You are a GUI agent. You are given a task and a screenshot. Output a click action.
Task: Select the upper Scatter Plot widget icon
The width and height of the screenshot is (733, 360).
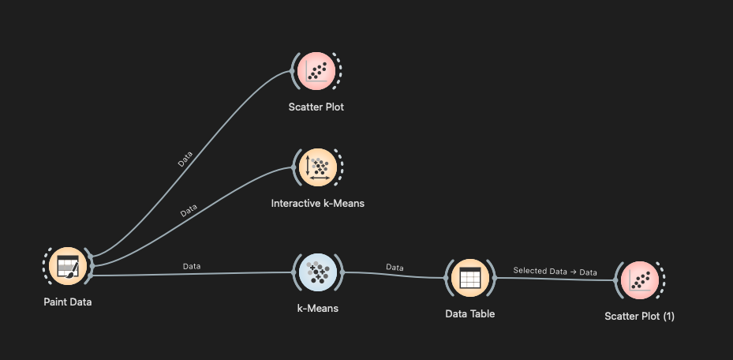point(316,72)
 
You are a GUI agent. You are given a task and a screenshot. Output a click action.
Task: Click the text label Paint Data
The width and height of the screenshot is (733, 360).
point(68,301)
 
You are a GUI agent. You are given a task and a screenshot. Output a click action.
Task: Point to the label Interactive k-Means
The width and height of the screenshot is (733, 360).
point(317,203)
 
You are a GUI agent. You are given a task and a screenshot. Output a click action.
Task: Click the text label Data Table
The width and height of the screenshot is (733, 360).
point(469,313)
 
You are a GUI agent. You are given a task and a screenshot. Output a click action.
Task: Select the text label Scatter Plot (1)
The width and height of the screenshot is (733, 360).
point(639,317)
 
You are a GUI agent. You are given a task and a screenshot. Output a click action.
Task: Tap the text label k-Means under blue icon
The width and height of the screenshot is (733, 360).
point(317,308)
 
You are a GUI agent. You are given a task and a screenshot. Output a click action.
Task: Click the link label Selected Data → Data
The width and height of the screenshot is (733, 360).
point(555,272)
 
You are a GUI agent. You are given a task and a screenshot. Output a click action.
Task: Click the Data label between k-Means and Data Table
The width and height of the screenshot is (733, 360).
point(395,268)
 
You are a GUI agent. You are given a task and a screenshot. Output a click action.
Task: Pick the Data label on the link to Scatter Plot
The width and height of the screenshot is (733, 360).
point(185,159)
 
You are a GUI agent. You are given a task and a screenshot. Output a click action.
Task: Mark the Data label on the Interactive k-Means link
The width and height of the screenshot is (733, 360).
point(189,212)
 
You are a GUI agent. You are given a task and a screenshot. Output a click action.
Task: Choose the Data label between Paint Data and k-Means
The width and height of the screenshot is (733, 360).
point(191,266)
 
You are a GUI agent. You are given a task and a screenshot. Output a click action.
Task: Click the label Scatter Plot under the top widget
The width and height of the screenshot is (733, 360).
point(316,107)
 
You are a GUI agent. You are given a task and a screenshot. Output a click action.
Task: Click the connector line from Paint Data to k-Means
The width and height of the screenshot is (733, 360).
point(237,274)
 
